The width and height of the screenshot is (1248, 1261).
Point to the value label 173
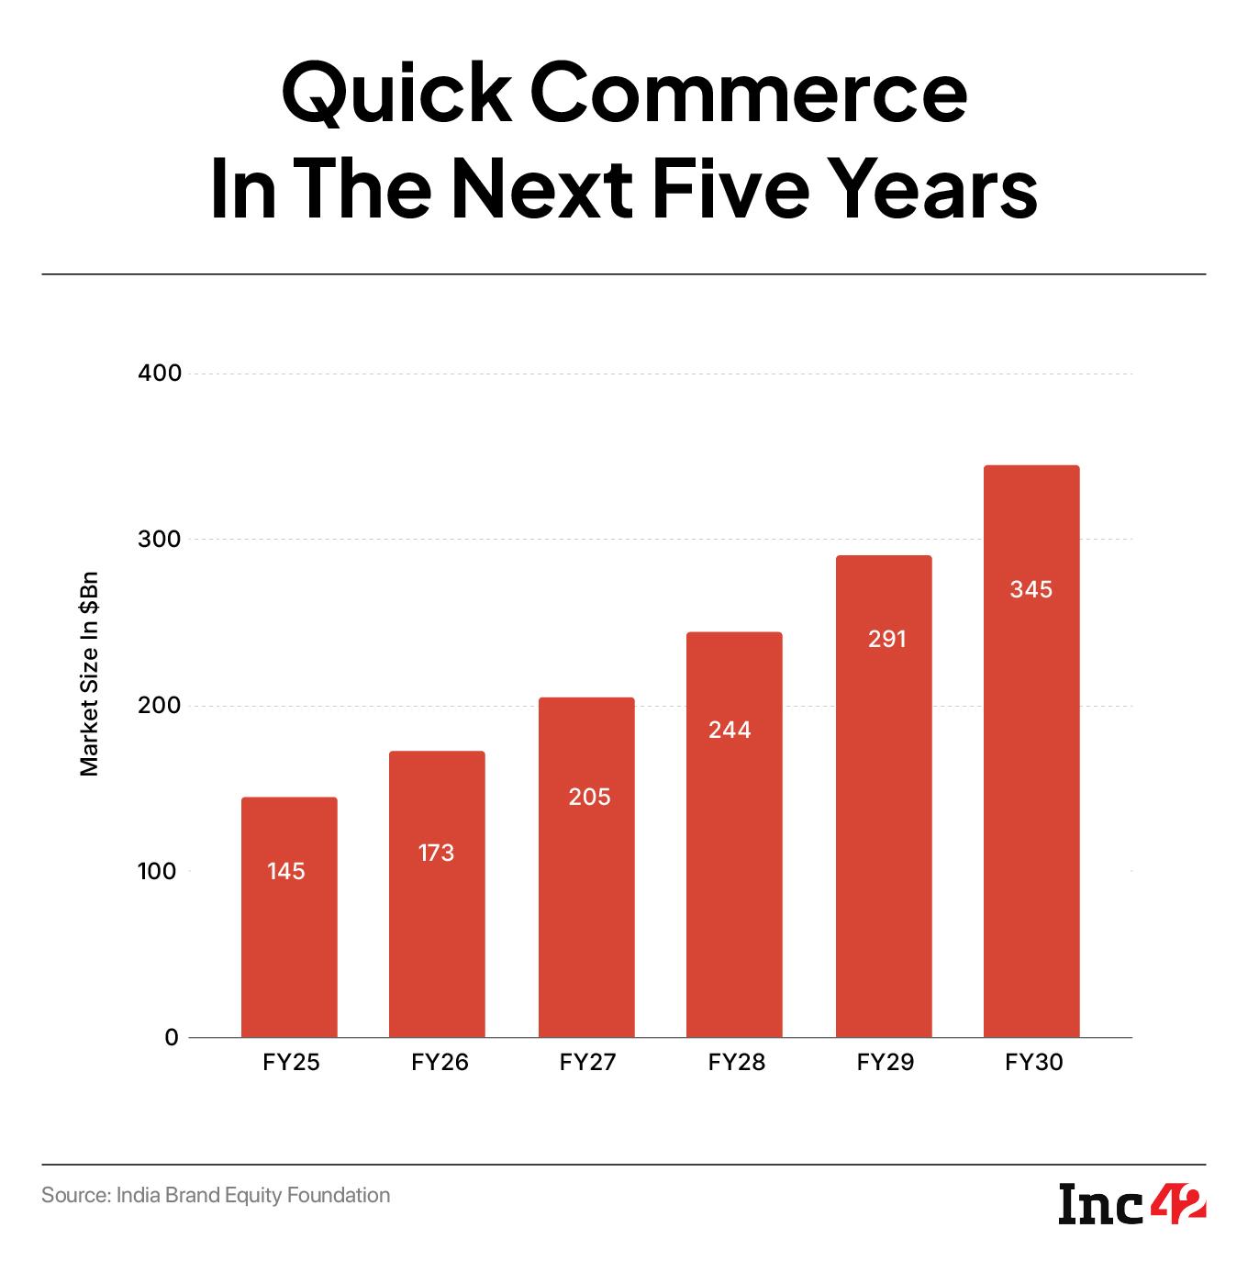click(x=436, y=853)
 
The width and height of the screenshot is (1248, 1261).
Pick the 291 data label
click(x=887, y=639)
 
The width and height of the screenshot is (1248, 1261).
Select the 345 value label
click(x=1031, y=589)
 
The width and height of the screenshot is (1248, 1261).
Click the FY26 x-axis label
click(x=440, y=1063)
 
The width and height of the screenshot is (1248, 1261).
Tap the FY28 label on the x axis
click(x=736, y=1063)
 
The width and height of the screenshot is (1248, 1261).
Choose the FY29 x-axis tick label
click(x=886, y=1063)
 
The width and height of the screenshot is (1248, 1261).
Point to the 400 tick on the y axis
click(x=161, y=374)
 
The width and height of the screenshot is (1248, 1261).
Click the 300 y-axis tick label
click(x=161, y=540)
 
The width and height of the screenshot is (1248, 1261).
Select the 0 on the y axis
click(x=172, y=1038)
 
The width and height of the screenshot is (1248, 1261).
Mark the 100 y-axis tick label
click(x=158, y=871)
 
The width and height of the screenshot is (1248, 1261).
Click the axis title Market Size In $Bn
click(x=89, y=675)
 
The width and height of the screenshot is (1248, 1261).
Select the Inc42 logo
click(x=1132, y=1204)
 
